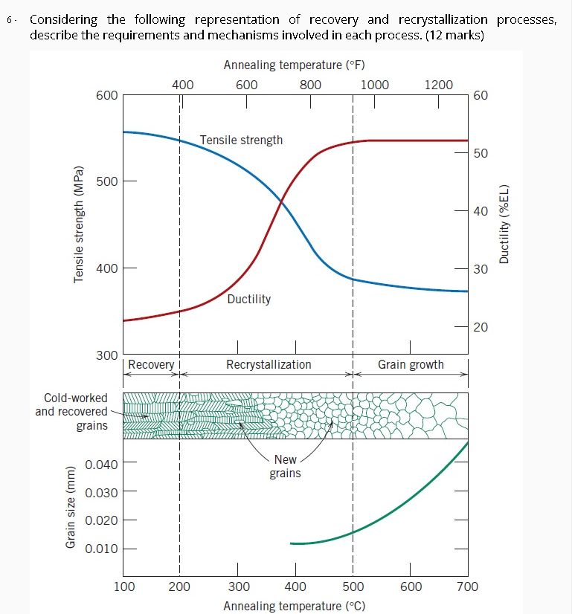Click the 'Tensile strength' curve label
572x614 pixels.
click(241, 140)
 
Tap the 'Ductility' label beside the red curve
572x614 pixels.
click(248, 299)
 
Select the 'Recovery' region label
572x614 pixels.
click(151, 364)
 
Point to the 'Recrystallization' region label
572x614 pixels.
click(269, 364)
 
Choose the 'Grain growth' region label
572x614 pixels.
click(411, 364)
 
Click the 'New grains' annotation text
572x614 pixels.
click(285, 467)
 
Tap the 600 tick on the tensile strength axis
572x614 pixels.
click(107, 96)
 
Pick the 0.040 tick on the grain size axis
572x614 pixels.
click(102, 465)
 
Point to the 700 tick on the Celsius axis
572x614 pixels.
click(468, 586)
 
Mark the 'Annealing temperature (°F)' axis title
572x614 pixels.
click(294, 65)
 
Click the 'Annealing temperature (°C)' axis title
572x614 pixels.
click(295, 605)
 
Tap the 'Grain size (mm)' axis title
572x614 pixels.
click(71, 507)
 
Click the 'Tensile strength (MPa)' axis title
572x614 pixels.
click(78, 222)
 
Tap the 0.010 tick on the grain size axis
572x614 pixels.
click(102, 549)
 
